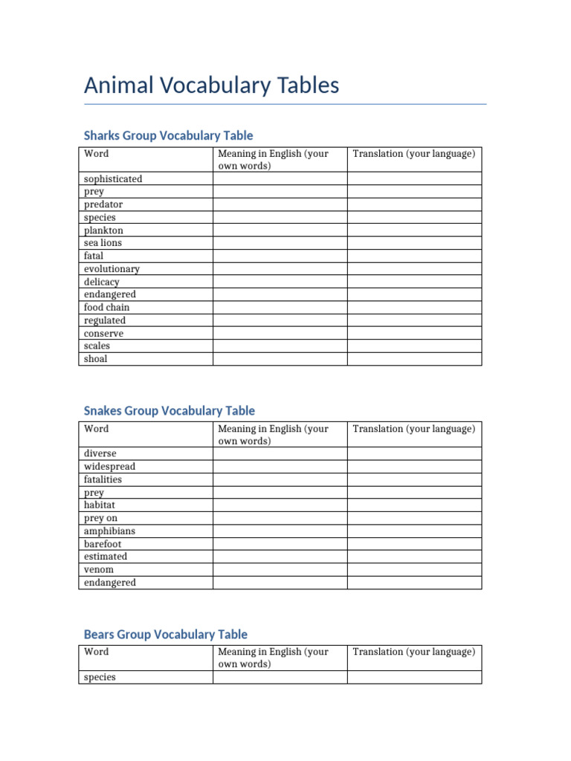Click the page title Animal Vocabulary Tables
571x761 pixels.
pos(211,85)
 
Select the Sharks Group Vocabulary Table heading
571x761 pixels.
pos(168,135)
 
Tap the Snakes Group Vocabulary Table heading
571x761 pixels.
pos(169,410)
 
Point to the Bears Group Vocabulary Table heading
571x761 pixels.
pos(165,634)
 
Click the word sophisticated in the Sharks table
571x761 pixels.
pos(113,179)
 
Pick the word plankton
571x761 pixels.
pos(103,230)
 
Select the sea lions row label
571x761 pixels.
pos(103,243)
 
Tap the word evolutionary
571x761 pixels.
pos(112,269)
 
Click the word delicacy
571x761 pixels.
pos(101,282)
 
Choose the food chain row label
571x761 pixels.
pos(106,308)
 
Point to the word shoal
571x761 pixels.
pos(95,359)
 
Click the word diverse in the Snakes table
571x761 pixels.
pos(100,453)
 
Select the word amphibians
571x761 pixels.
pos(109,531)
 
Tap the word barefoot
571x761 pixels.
pos(103,544)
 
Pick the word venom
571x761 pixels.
pos(99,570)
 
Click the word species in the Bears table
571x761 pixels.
pos(100,678)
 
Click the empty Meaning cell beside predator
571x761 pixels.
pos(280,204)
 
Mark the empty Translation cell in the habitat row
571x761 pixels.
pos(414,505)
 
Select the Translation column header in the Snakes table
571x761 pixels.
pos(413,429)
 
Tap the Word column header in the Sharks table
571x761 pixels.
pos(96,154)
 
